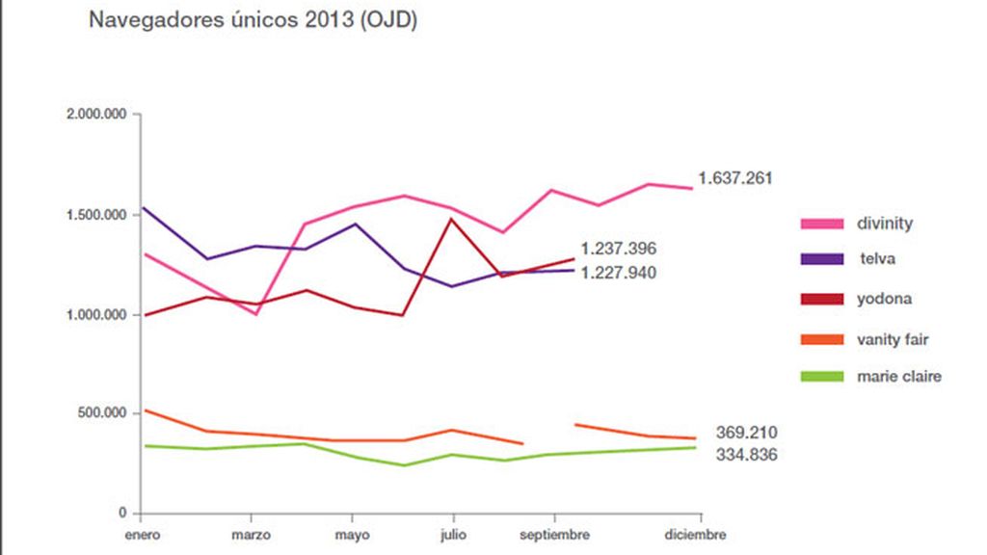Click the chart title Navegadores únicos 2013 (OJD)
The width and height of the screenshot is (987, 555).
[x=253, y=21]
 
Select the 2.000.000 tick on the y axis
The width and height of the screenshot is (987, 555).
[x=96, y=114]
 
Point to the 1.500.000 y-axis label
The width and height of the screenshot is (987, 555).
[x=96, y=214]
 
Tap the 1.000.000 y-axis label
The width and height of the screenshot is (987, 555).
[x=96, y=314]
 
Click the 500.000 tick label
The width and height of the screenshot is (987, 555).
[x=104, y=413]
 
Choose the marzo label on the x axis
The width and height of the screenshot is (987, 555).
[x=251, y=535]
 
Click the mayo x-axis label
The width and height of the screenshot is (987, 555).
[x=353, y=535]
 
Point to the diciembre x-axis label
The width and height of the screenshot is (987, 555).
[x=696, y=535]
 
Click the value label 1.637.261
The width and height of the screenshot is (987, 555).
[x=736, y=178]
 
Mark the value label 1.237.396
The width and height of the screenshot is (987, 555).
[x=618, y=250]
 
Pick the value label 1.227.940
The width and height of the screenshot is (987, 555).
[x=618, y=273]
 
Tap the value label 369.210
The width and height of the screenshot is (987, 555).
[x=747, y=433]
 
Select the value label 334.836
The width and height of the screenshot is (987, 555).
[x=747, y=455]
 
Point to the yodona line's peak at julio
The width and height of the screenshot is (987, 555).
[x=451, y=219]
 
